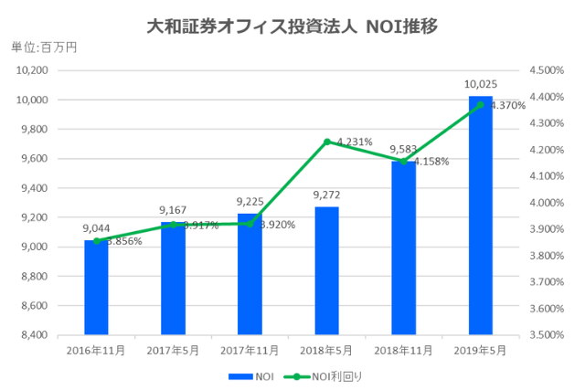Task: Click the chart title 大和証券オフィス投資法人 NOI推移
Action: (292, 25)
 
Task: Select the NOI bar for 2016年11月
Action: (96, 287)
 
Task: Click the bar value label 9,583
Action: (404, 149)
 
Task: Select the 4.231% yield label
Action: (355, 142)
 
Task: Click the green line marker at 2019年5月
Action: (481, 105)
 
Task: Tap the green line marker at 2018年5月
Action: (327, 142)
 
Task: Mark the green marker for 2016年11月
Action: (96, 241)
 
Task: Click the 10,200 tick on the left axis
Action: (32, 70)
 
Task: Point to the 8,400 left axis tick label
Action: (34, 335)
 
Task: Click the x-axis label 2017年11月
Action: (250, 350)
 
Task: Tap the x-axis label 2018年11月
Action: (404, 350)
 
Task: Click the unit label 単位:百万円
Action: (44, 47)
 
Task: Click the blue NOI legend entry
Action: (252, 374)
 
